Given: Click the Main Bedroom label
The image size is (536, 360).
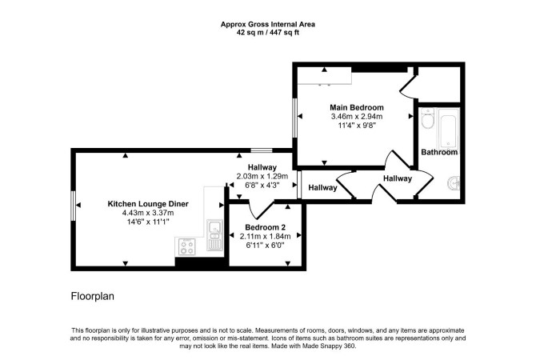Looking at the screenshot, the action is click(x=357, y=107).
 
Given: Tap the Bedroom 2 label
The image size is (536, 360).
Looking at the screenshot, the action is click(x=266, y=227).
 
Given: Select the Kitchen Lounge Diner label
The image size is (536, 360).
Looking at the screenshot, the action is click(x=148, y=204).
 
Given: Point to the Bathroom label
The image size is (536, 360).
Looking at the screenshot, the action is click(x=439, y=152).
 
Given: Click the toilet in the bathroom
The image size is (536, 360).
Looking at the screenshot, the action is click(x=427, y=118).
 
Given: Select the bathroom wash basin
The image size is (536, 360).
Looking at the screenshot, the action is click(x=454, y=183).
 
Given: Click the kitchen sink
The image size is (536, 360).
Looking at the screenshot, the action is click(x=214, y=235).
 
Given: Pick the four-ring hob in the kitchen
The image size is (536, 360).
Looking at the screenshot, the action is click(x=187, y=246).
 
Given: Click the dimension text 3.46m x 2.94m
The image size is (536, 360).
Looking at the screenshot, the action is click(x=357, y=117).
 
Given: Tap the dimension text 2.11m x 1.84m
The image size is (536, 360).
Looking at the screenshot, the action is click(x=266, y=236).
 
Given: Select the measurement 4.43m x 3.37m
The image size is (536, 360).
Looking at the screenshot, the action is click(x=148, y=213).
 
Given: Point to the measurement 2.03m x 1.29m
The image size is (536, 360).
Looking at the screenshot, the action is click(x=262, y=177).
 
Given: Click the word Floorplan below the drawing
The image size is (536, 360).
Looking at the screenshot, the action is click(x=92, y=296).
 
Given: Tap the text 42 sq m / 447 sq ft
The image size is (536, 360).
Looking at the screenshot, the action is click(x=268, y=33).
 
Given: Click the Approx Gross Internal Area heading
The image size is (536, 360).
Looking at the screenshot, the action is click(x=268, y=24).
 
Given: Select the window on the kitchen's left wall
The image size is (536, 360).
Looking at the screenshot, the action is click(x=73, y=206).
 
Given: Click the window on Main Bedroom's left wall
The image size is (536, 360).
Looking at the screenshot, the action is click(x=294, y=118).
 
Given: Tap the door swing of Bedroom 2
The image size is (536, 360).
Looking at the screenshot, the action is click(x=261, y=210).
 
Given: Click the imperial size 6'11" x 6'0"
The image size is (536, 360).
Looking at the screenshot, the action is click(x=266, y=245).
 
